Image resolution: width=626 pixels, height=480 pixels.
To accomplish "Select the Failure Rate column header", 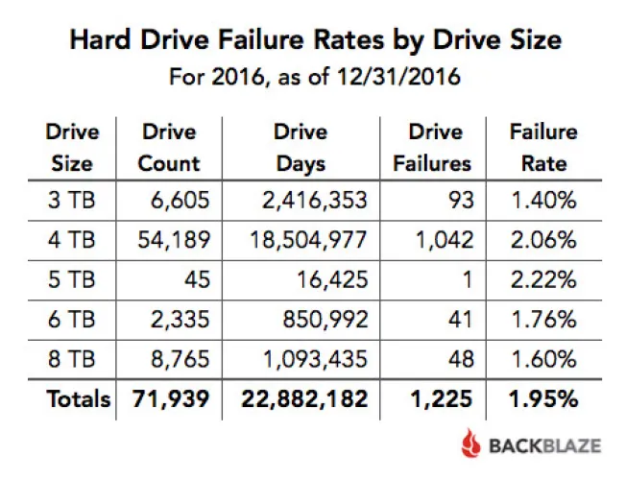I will click(543, 147).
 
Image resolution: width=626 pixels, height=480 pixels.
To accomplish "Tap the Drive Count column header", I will click(169, 147).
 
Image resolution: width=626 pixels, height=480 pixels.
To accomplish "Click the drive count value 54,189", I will click(173, 240).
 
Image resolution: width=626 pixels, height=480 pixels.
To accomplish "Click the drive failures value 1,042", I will click(445, 240).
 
